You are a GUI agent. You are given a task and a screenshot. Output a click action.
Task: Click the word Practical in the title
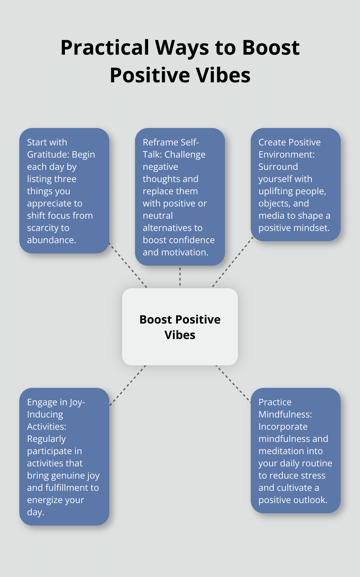pos(105,48)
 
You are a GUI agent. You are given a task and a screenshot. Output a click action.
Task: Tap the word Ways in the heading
pos(182,48)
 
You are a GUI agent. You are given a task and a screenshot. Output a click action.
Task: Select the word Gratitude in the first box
pos(48,155)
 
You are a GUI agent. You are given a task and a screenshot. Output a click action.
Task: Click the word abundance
pos(51,240)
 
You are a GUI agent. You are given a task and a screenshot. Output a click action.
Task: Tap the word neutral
pos(157,216)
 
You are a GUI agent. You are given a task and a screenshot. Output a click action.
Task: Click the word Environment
pos(286,155)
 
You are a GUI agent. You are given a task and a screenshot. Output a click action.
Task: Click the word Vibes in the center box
pos(180,335)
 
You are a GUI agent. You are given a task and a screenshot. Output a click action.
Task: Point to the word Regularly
pos(46,439)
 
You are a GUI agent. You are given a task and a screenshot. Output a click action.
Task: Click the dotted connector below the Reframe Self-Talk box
pos(180,277)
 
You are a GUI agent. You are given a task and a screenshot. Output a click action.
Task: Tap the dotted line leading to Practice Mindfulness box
pos(233,384)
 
